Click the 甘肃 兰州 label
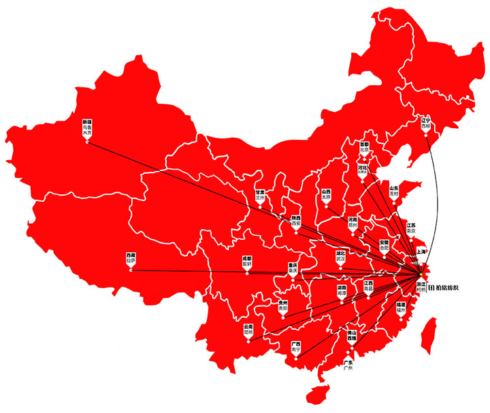(x=260, y=195)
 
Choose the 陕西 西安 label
(x=295, y=220)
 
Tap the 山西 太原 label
(x=327, y=194)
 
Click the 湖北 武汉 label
(x=340, y=256)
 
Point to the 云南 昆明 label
(x=248, y=329)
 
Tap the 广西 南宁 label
(x=295, y=348)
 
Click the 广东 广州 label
(x=348, y=365)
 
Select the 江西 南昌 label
(x=368, y=286)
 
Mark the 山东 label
(x=393, y=190)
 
